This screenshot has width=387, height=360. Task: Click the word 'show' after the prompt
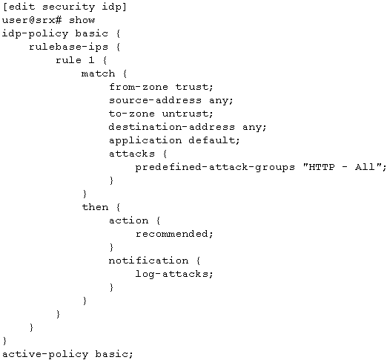82,20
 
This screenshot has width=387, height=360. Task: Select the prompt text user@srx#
32,20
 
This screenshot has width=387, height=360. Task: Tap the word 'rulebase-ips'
68,47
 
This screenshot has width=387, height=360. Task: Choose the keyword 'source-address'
155,100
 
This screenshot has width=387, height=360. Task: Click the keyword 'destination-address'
172,127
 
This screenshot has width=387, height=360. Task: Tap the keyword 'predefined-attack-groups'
215,168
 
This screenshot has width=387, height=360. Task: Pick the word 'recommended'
172,234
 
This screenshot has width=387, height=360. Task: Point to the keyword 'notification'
148,261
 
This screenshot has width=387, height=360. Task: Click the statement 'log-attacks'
172,274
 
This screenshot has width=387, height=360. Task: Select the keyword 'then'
95,207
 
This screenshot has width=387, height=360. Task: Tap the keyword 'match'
98,73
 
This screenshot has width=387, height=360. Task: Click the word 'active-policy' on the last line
45,354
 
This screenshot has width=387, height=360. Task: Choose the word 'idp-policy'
35,33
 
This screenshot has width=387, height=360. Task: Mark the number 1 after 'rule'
91,60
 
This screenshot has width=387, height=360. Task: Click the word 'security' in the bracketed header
68,7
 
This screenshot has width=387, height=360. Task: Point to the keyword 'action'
128,220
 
